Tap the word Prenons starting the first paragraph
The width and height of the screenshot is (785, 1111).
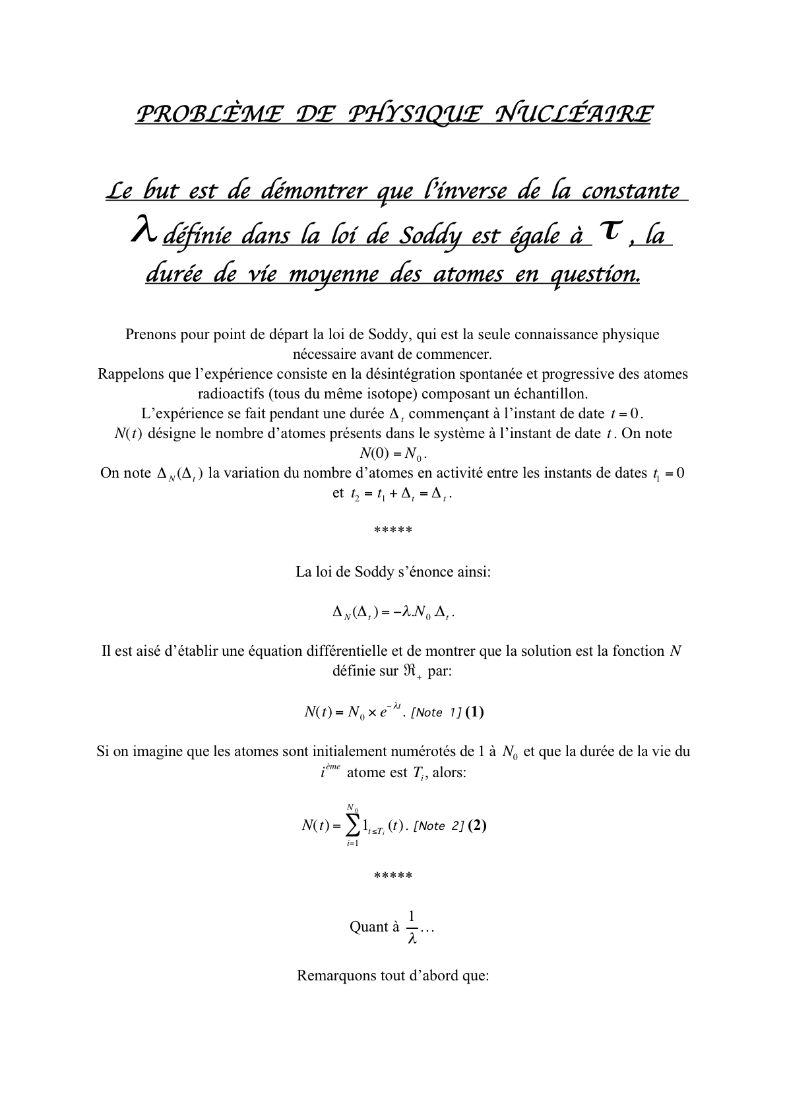point(150,334)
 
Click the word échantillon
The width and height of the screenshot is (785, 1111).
point(549,394)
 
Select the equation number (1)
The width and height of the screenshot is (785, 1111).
point(474,712)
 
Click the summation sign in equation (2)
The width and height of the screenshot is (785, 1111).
point(353,825)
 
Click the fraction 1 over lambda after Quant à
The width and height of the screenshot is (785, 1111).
point(412,927)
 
